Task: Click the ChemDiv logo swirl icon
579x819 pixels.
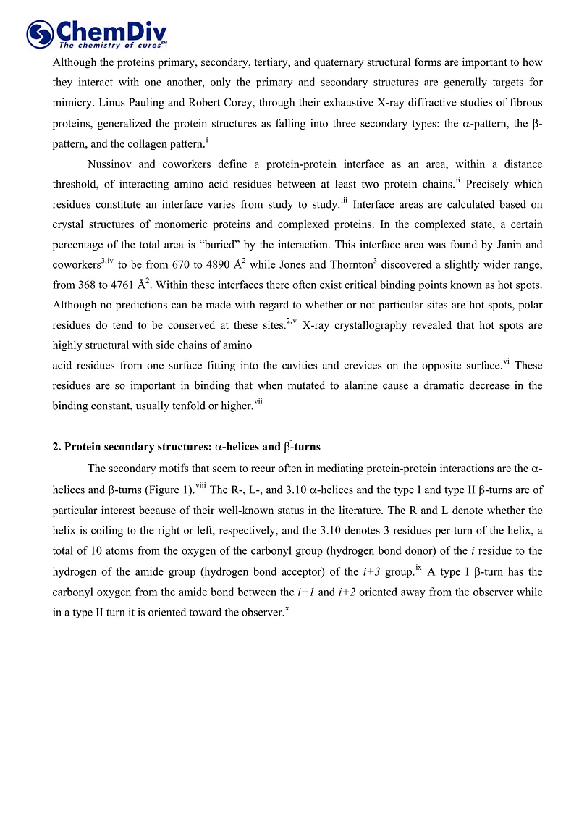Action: tap(39, 33)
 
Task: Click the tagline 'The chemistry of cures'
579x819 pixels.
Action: tap(109, 45)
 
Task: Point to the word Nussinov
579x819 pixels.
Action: tap(110, 165)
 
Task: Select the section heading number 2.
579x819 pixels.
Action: tap(56, 447)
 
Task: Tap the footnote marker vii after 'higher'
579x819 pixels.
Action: tap(258, 402)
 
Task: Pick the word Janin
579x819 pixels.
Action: tap(499, 245)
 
